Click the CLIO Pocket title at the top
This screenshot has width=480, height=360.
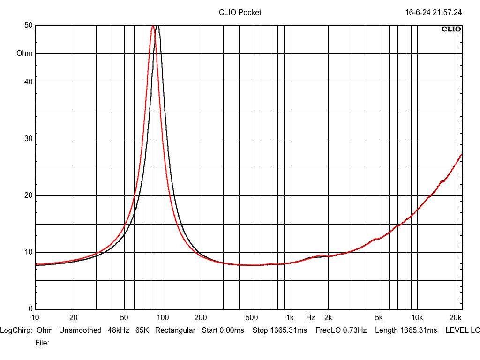pyautogui.click(x=240, y=13)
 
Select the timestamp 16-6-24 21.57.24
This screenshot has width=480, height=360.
pyautogui.click(x=433, y=13)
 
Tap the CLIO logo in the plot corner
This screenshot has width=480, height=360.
pyautogui.click(x=451, y=30)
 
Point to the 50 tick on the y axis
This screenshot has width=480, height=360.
pyautogui.click(x=28, y=25)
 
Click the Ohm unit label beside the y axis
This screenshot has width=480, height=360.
pyautogui.click(x=24, y=53)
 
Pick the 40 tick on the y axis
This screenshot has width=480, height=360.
pyautogui.click(x=28, y=82)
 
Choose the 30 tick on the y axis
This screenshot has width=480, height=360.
pyautogui.click(x=28, y=139)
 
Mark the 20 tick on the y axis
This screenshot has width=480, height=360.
pyautogui.click(x=28, y=195)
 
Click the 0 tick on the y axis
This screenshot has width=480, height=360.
pyautogui.click(x=30, y=309)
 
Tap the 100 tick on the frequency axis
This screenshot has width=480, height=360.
pyautogui.click(x=163, y=317)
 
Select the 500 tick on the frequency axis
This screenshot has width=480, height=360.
pyautogui.click(x=252, y=317)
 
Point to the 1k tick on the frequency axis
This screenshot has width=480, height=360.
pyautogui.click(x=290, y=317)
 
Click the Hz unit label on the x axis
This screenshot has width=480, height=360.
pyautogui.click(x=310, y=317)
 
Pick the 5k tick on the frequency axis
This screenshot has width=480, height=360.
pyautogui.click(x=379, y=317)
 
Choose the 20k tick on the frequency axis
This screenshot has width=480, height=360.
pyautogui.click(x=455, y=317)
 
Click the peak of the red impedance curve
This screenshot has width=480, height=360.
pyautogui.click(x=153, y=26)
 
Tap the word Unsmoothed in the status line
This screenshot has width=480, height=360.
pyautogui.click(x=80, y=330)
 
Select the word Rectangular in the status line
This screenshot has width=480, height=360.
pyautogui.click(x=175, y=330)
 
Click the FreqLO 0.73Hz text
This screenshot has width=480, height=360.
pyautogui.click(x=341, y=330)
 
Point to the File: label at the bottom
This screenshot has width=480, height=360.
pyautogui.click(x=42, y=343)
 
